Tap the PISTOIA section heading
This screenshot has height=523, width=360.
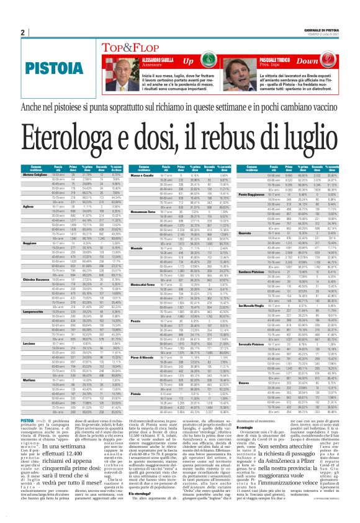click(x=48, y=65)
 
